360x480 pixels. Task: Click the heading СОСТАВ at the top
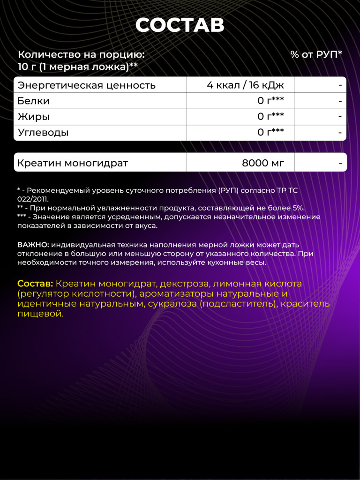pos(180,26)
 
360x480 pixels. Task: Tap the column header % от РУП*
pos(316,54)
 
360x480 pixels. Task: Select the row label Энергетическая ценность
pos(86,85)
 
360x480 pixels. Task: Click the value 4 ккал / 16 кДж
pos(245,85)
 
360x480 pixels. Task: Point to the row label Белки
pos(33,101)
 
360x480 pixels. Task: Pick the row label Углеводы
pos(43,133)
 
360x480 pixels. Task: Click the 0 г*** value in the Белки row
pos(270,101)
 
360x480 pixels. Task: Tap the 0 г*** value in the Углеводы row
pos(270,133)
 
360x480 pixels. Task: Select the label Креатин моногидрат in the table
pos(73,164)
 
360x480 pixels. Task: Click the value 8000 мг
pos(262,164)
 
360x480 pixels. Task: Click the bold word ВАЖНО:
pos(33,245)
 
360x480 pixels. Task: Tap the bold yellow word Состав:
pos(35,284)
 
